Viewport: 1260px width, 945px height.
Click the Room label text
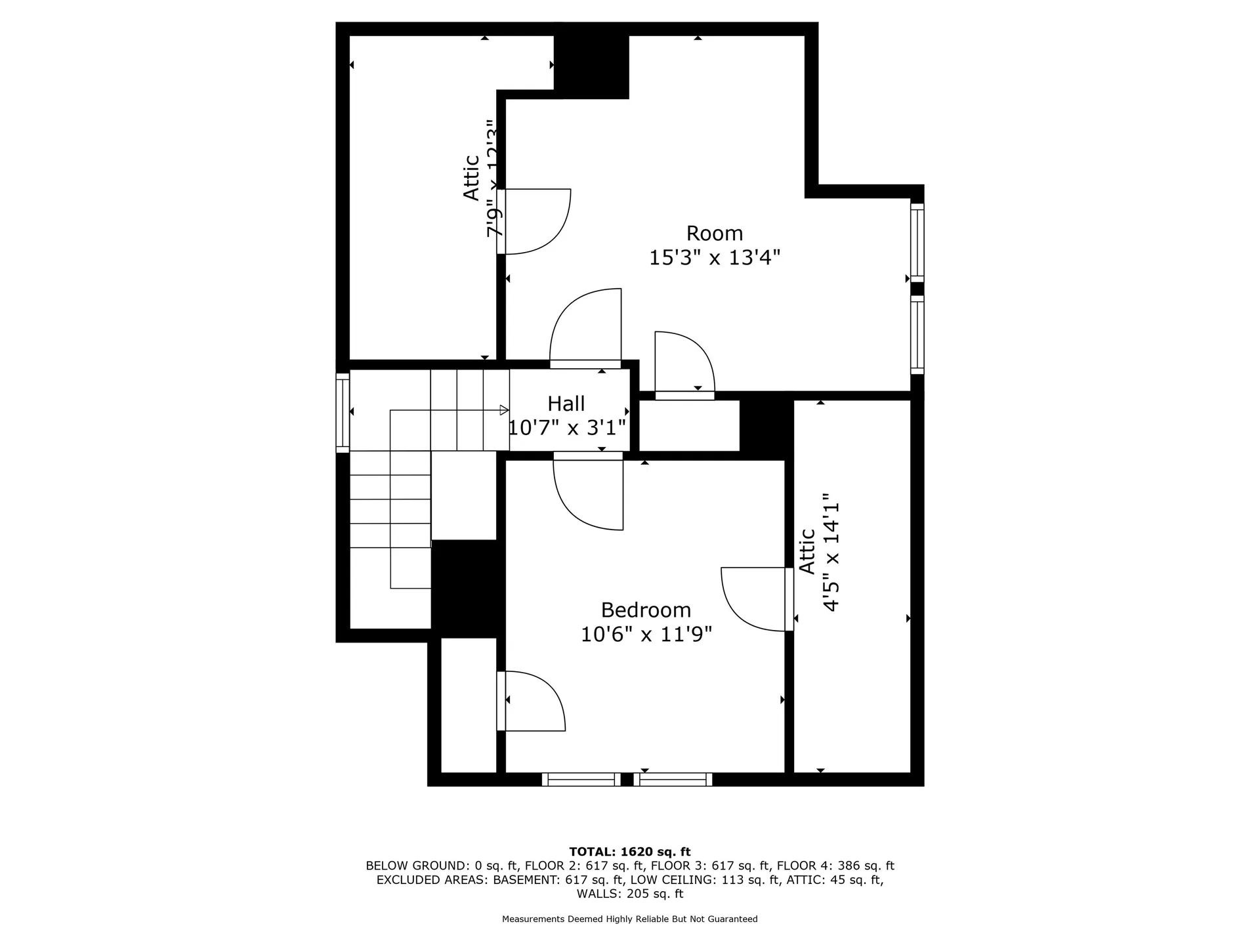(x=714, y=234)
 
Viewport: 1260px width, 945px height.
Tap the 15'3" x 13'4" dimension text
(x=714, y=258)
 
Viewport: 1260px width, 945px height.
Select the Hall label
(x=566, y=404)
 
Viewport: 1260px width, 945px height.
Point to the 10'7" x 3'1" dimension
(x=567, y=429)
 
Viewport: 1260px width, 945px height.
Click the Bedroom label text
(x=646, y=610)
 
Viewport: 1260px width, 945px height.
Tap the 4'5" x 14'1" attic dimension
(x=831, y=553)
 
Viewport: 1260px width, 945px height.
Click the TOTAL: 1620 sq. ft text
(x=629, y=852)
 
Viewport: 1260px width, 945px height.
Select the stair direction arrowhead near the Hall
(x=504, y=410)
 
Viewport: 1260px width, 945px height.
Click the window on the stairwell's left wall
(x=343, y=413)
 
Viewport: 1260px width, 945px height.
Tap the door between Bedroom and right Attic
(x=755, y=598)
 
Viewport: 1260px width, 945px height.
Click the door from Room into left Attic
(x=535, y=221)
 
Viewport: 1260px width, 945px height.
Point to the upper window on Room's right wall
(x=917, y=243)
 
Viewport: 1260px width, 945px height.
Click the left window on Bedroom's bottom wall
(x=581, y=780)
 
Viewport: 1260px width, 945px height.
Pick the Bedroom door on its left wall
(x=530, y=701)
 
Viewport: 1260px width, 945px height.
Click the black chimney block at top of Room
(x=592, y=66)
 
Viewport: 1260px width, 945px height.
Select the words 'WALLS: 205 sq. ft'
(x=629, y=894)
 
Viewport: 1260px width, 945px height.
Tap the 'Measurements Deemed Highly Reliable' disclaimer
(x=629, y=919)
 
